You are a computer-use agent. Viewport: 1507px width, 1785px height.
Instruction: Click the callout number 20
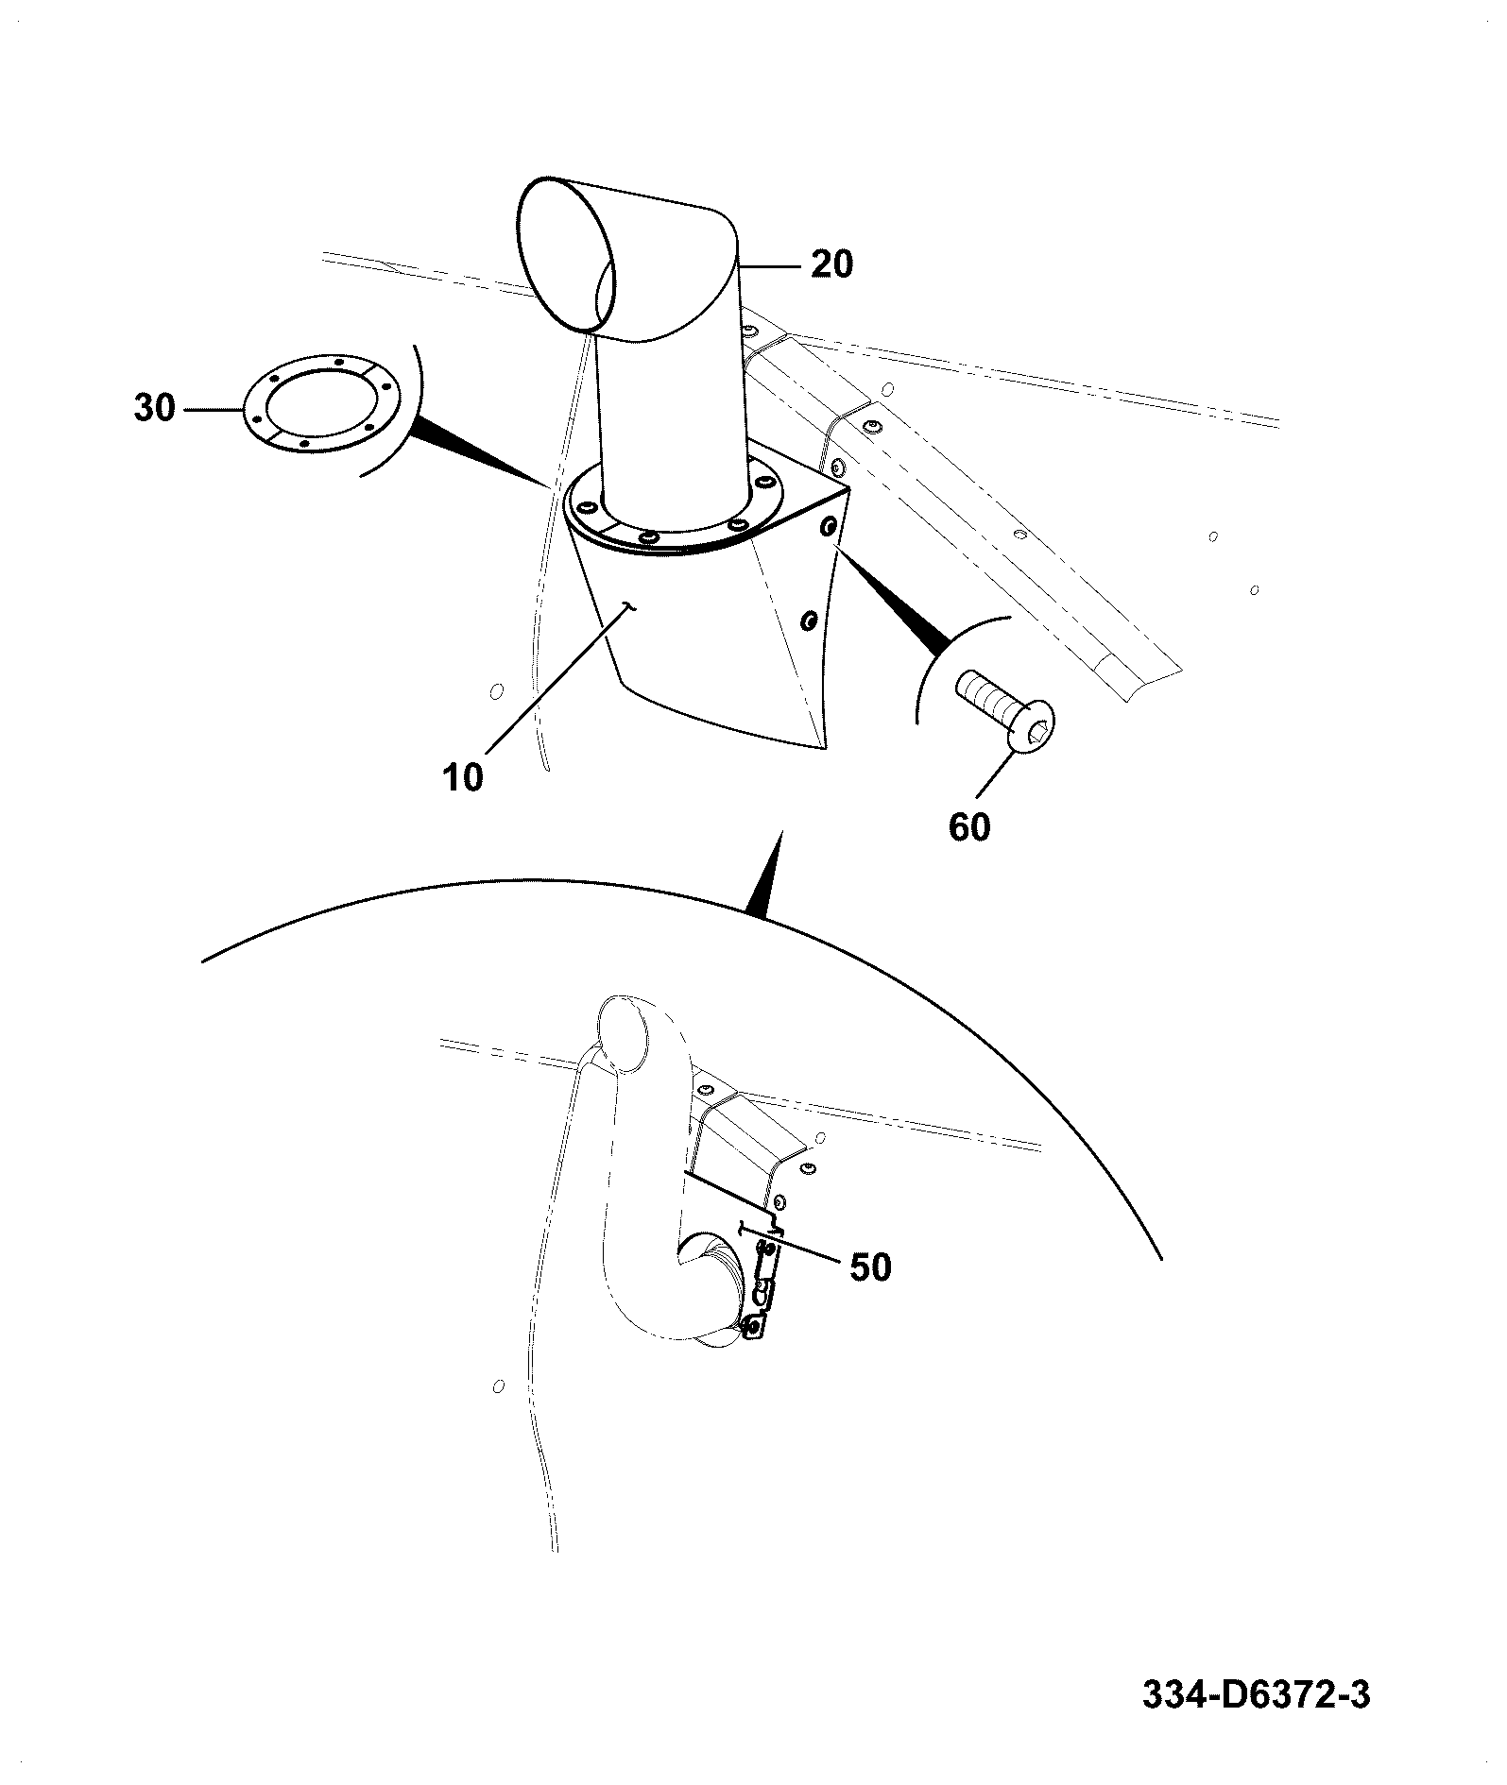pos(831,264)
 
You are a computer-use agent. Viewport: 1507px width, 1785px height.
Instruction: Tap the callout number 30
pos(155,409)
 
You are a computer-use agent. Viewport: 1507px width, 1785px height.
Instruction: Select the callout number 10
pos(463,777)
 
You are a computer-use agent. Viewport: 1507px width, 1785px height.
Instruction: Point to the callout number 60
pos(969,827)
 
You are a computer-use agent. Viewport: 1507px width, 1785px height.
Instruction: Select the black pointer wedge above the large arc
pos(767,874)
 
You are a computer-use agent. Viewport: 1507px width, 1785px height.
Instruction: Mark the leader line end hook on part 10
pos(632,607)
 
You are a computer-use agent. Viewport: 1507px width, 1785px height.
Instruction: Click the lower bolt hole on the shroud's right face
pos(808,620)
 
